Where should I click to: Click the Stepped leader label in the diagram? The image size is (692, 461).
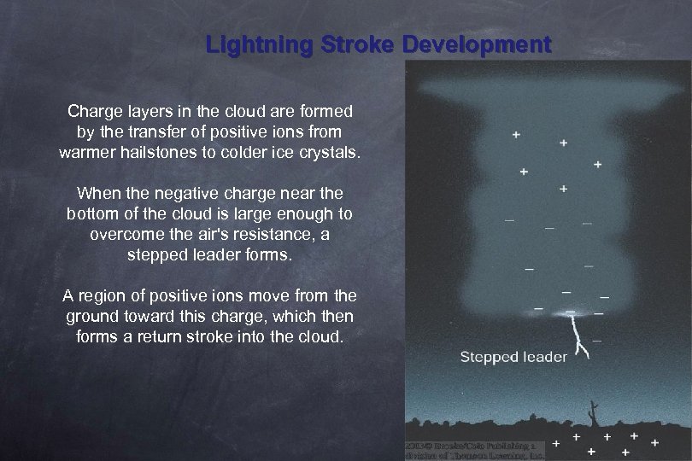(513, 356)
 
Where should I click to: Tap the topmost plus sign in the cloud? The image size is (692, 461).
(516, 134)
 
